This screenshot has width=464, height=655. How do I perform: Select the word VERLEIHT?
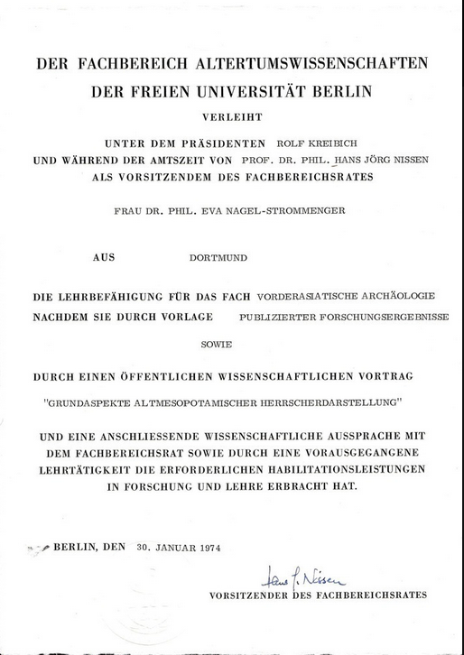231,115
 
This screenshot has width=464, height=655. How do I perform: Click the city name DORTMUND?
218,257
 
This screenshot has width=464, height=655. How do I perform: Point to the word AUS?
105,257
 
